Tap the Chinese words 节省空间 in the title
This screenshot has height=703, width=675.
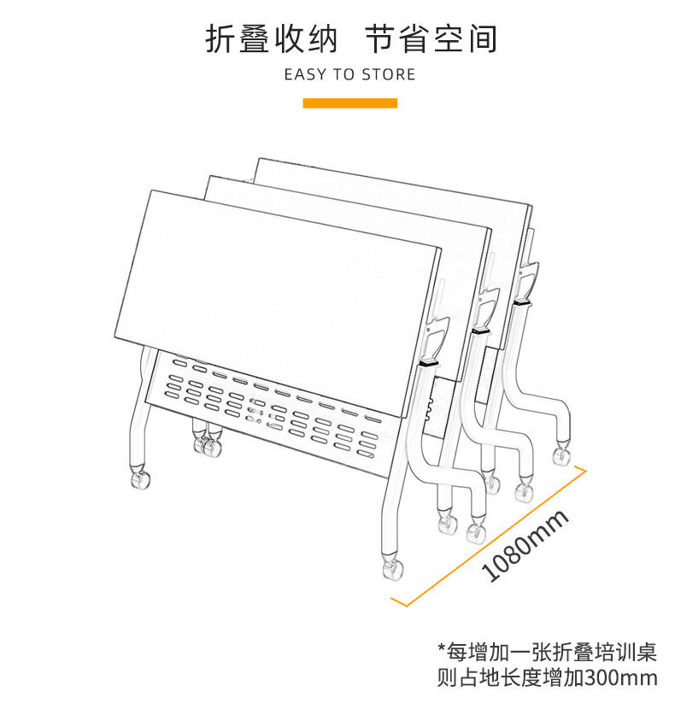[431, 39]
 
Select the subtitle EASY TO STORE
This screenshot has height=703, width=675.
[349, 74]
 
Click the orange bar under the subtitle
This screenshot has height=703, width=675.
[350, 103]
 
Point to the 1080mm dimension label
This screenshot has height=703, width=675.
[525, 546]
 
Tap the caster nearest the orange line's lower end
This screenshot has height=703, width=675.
[392, 567]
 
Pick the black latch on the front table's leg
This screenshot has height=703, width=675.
[427, 364]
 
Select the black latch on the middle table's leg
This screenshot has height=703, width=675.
[479, 330]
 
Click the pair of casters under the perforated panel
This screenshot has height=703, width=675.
[205, 445]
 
